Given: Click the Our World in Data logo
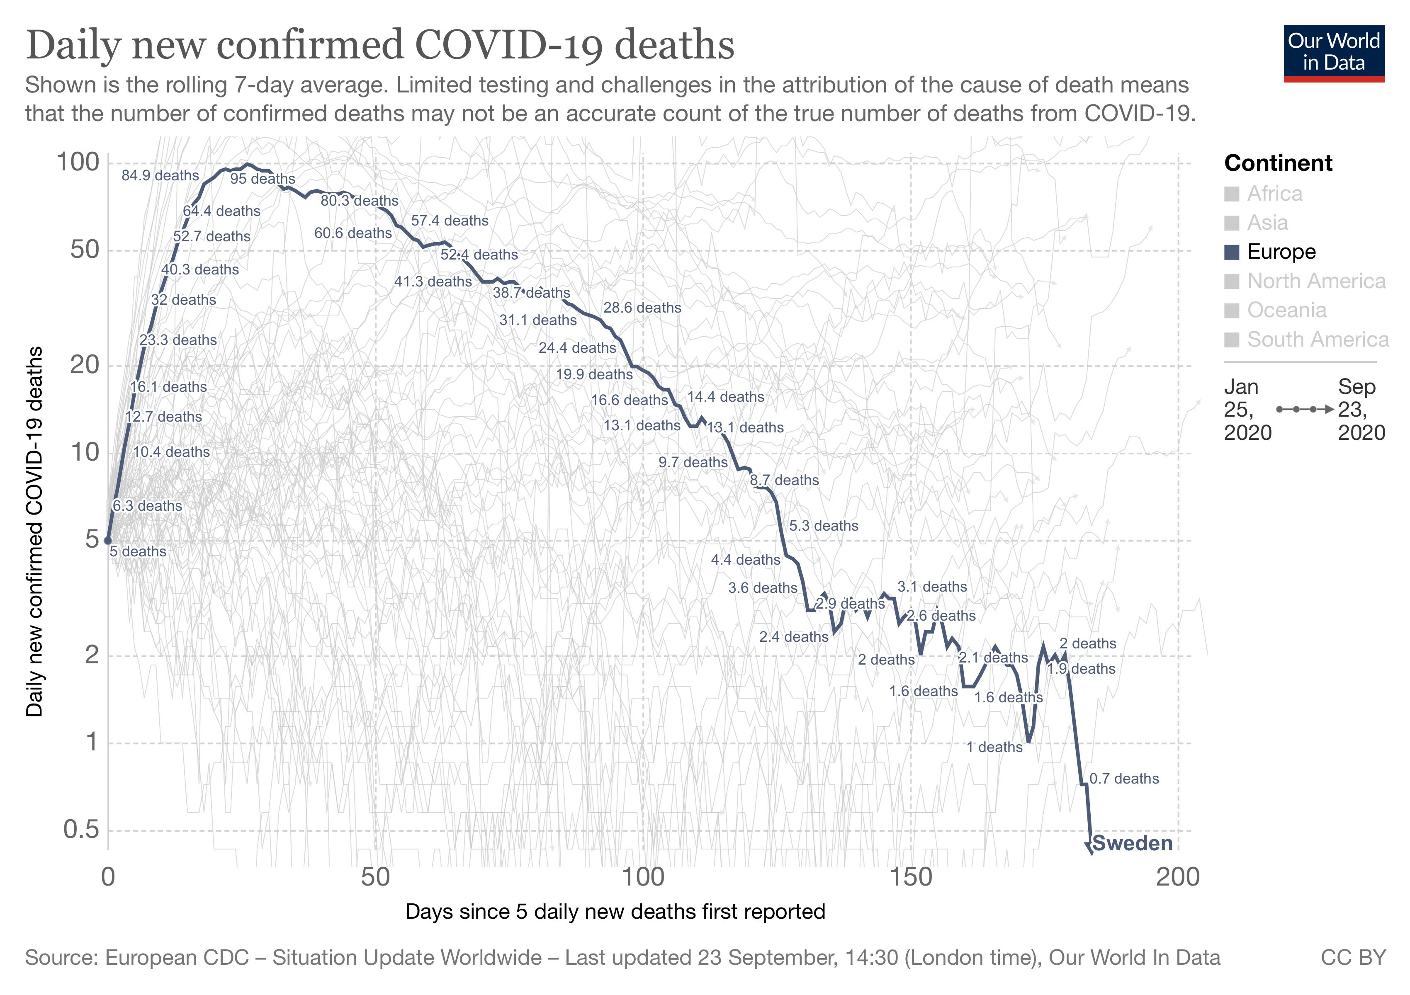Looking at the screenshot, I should point(1334,53).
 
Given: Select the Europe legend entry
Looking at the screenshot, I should point(1281,252).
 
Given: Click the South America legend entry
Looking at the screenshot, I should point(1317,340).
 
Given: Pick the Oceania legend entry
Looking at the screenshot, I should point(1286,310).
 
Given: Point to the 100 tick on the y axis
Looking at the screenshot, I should point(78,162).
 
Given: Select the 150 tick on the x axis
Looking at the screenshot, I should point(910,877).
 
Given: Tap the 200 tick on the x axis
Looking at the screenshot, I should point(1177,877).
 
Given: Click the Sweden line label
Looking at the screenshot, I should point(1133,843).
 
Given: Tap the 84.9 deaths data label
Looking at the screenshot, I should point(160,175).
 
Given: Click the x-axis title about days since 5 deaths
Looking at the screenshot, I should point(615,912).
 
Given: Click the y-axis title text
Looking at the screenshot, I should point(35,531).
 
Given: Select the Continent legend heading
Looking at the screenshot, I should point(1278,163).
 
